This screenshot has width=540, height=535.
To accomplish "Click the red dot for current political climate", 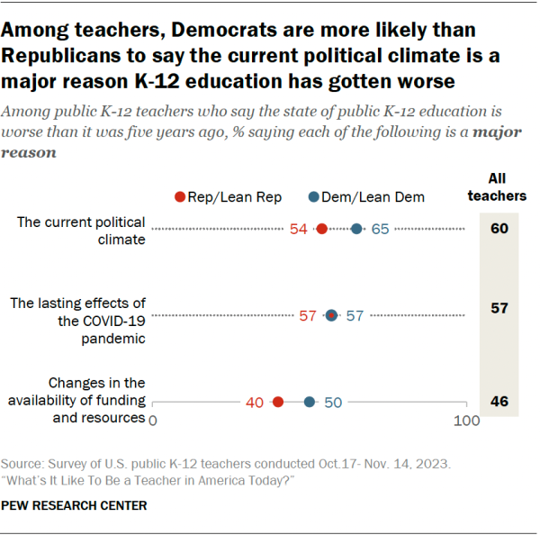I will [322, 229].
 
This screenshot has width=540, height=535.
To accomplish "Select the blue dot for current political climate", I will [356, 229].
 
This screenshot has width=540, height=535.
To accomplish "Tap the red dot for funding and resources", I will [278, 402].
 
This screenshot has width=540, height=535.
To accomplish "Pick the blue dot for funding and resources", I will [310, 402].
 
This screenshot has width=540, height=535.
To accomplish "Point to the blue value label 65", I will [380, 229].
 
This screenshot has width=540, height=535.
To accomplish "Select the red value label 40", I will [256, 403].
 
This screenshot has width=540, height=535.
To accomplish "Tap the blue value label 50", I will [333, 403].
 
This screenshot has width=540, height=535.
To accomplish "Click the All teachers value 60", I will [499, 228].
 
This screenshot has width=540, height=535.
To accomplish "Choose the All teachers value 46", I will [499, 402].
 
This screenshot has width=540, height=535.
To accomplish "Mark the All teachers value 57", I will [499, 308].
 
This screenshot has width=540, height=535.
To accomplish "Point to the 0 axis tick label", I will [152, 421].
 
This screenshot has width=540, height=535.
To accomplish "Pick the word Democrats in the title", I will [225, 32].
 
